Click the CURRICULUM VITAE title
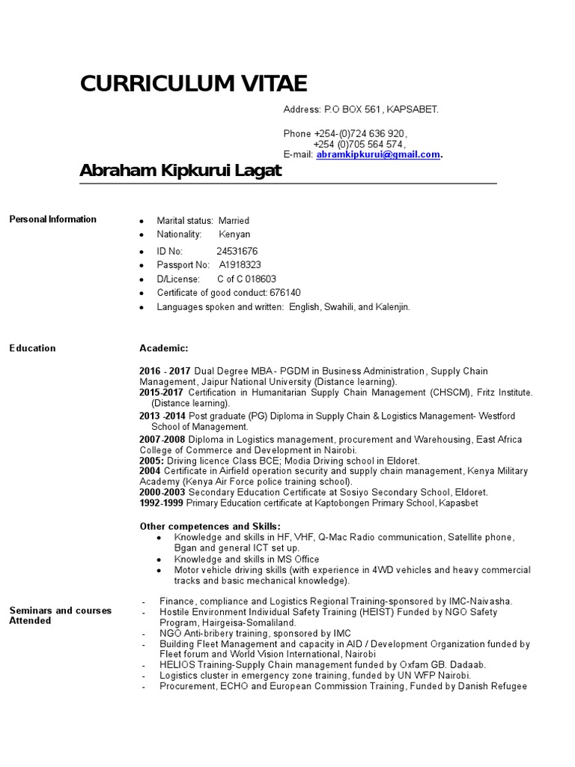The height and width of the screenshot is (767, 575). pos(193,83)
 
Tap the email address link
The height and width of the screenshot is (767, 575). pos(377,155)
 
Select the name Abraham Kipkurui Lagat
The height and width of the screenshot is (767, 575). pos(180,172)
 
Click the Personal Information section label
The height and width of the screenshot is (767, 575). pos(52,219)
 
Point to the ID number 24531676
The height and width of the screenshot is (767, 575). pos(237,251)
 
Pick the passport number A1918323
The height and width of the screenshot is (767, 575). pos(240,265)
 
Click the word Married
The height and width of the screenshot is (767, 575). pos(234,221)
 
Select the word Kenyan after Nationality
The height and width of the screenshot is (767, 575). pos(234,234)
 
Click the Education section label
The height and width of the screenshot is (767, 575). pos(32,348)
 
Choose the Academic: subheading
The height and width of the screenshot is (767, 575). pos(164,348)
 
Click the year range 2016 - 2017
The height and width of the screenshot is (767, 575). pos(165,372)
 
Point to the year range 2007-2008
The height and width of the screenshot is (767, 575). pos(162,439)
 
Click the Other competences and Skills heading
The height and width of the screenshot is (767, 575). pos(210,526)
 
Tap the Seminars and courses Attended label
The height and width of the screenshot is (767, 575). pos(60,615)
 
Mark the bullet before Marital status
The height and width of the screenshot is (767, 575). pos(142,222)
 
